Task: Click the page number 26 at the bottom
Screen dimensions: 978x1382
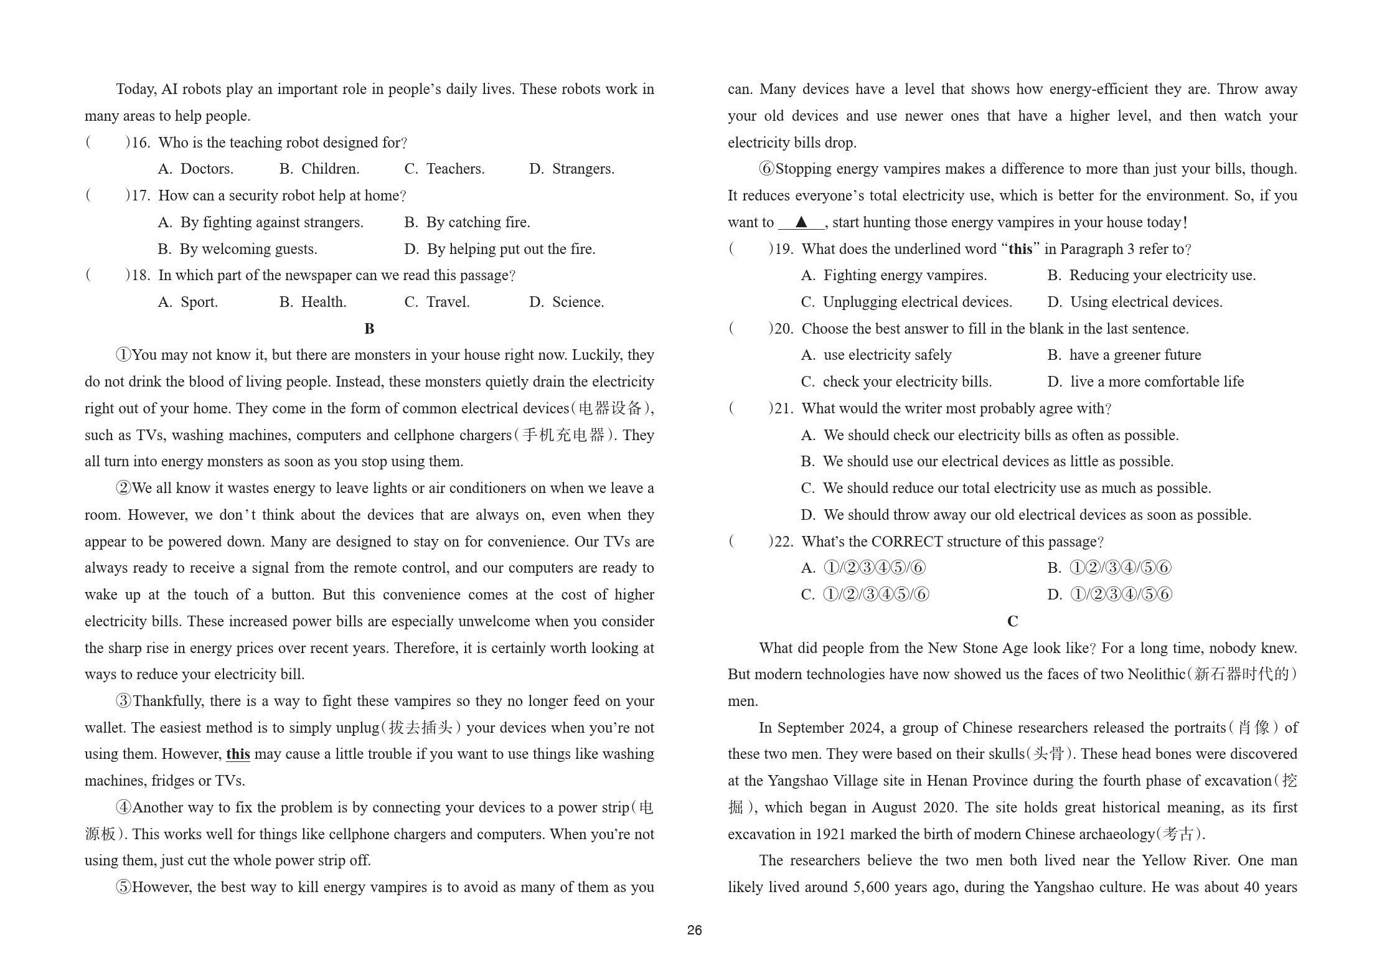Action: pos(694,930)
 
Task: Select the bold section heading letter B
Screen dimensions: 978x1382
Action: pos(369,329)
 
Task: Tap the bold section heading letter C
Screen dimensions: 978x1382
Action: pos(1012,621)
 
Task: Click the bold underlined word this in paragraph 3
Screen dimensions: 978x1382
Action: pos(238,755)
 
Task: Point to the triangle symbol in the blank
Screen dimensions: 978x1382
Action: pos(801,222)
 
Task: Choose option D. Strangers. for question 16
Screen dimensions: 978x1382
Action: pos(571,169)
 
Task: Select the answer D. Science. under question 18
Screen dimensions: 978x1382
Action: pos(566,302)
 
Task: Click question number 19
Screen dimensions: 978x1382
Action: pos(783,249)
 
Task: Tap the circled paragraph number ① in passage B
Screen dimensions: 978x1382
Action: pos(123,355)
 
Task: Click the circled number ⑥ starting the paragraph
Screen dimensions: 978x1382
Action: pos(766,169)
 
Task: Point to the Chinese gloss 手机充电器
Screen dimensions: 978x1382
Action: pos(563,435)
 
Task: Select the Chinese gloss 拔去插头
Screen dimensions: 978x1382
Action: pos(423,728)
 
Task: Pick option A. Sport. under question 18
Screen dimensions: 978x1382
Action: pos(188,302)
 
